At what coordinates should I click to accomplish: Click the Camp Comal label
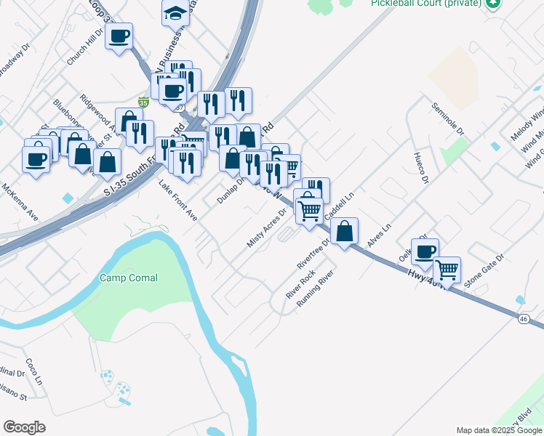click(x=129, y=278)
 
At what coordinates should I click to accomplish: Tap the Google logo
click(x=24, y=427)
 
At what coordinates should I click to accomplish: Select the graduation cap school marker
click(x=175, y=12)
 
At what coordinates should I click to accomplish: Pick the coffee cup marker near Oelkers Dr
click(x=425, y=251)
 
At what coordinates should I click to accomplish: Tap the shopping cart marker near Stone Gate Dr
click(x=447, y=269)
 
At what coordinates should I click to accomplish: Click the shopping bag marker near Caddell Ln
click(x=345, y=231)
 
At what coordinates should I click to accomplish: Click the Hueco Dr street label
click(x=421, y=167)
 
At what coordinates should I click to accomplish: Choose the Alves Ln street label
click(x=379, y=236)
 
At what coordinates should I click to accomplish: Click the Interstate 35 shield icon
click(x=144, y=102)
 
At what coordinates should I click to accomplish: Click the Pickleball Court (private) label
click(x=425, y=4)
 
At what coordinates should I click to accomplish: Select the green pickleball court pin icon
click(x=495, y=4)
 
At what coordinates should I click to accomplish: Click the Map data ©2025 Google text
click(x=498, y=430)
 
